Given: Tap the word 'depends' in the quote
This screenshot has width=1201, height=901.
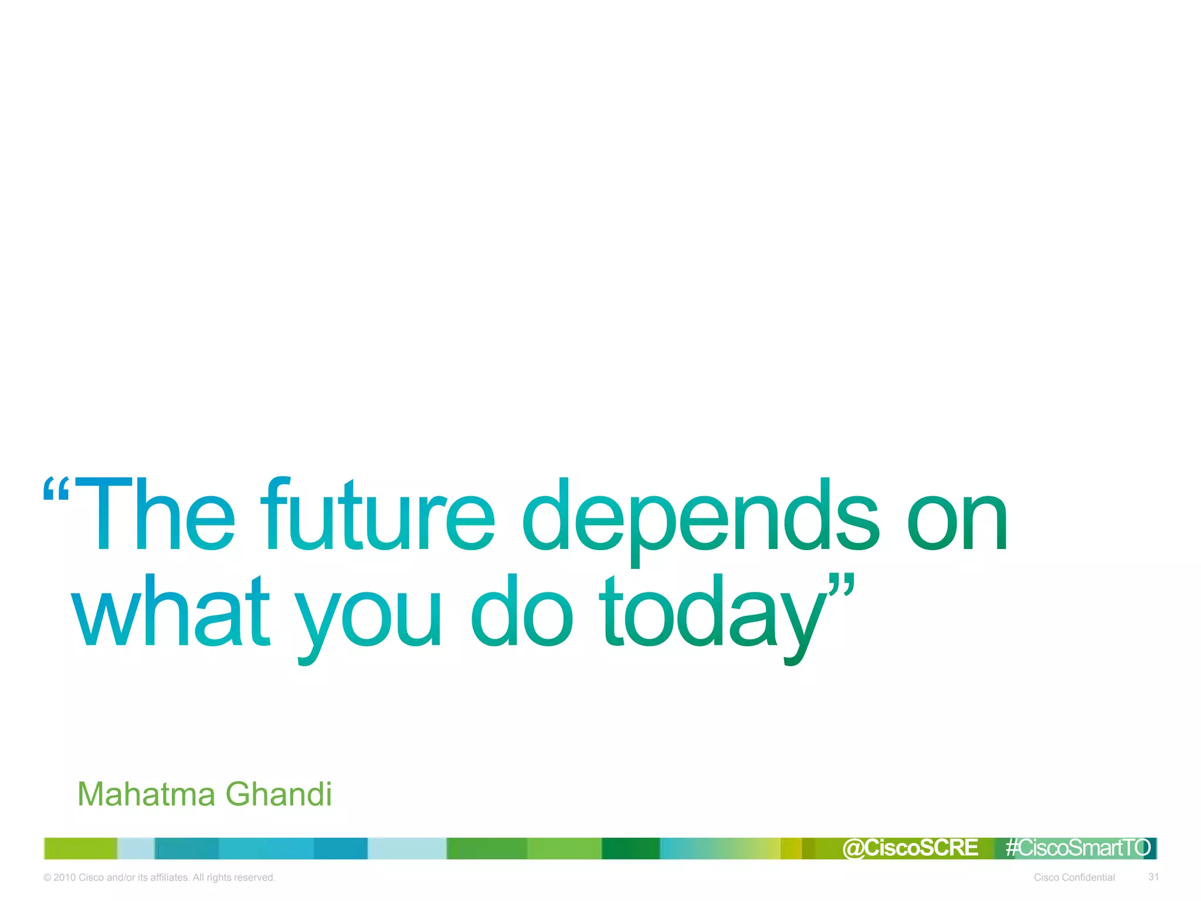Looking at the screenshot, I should (701, 519).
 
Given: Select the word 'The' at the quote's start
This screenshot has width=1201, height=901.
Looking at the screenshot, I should (155, 515).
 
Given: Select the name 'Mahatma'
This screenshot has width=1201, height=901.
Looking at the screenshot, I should (146, 794).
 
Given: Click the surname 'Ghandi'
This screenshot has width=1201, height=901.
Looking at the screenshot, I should (279, 794).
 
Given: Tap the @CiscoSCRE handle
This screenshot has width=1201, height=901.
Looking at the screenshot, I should (910, 848).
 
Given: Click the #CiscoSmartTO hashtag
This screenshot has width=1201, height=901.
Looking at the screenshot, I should (1078, 848).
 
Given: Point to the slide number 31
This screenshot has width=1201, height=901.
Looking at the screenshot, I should (1153, 877).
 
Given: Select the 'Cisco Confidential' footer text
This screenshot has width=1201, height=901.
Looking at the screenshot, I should (1074, 878).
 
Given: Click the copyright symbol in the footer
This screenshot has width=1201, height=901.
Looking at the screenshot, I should (48, 878).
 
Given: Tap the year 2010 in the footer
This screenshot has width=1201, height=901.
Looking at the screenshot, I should (65, 878).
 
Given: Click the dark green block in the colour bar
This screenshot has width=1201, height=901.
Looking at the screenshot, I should (630, 848).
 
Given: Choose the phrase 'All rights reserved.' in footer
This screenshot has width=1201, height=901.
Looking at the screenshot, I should (234, 878).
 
